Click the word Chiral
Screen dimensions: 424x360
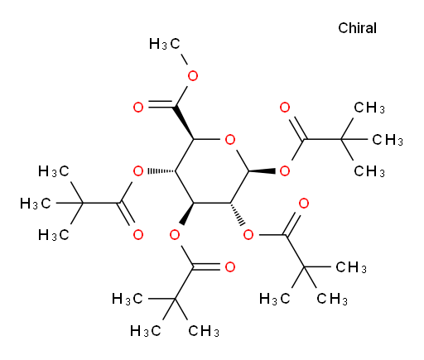pos(357,28)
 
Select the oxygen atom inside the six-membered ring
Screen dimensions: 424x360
pos(230,140)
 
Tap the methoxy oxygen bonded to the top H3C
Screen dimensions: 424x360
pos(193,75)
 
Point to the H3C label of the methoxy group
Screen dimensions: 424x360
pos(165,44)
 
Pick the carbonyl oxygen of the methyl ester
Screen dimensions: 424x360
pos(138,107)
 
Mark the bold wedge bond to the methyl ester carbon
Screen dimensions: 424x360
pos(184,123)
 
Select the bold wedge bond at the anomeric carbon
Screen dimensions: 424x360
pos(263,171)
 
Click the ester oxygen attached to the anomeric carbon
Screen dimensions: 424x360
pos(285,171)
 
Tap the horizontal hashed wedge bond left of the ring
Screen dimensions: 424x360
pos(161,171)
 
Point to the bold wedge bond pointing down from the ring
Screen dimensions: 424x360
pos(187,214)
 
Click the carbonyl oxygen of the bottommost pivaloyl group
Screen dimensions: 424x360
pos(229,267)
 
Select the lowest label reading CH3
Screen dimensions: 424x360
pos(204,331)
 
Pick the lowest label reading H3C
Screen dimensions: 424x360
pos(146,331)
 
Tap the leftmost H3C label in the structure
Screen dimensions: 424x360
pos(36,204)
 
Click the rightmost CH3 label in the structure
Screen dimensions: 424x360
pos(388,140)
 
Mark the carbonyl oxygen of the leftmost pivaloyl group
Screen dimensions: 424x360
pos(138,235)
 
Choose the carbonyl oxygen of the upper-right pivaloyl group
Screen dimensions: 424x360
pos(285,107)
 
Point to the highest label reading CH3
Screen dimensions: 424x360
pos(369,108)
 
